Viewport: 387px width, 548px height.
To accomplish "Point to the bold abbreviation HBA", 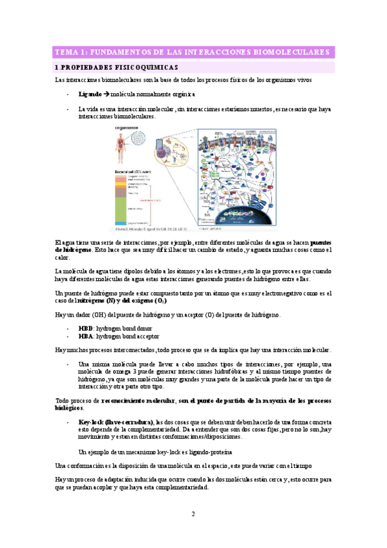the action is click(x=85, y=337).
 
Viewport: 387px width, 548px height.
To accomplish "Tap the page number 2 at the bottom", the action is click(x=193, y=514).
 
